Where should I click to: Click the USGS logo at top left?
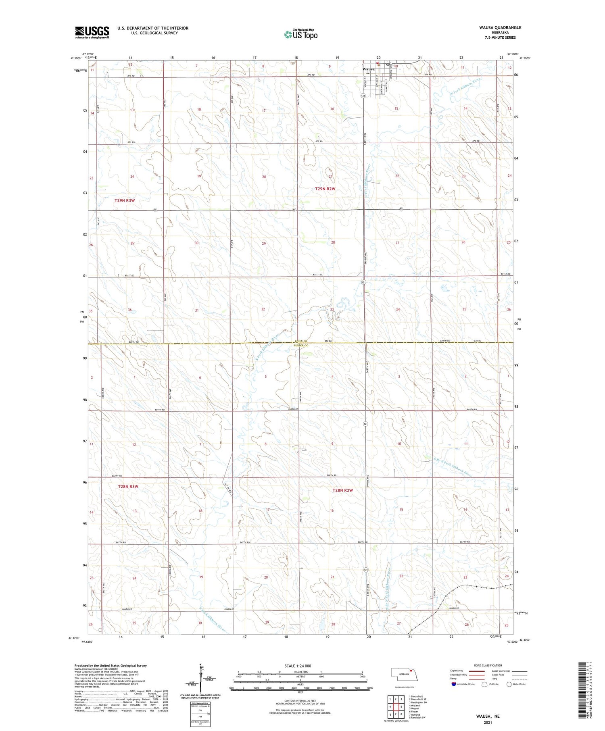coord(92,32)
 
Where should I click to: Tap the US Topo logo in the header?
coord(301,34)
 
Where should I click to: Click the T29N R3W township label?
coord(125,200)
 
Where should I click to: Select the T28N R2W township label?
coord(343,490)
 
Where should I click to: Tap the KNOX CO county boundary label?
coord(302,340)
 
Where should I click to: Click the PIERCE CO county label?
coord(302,346)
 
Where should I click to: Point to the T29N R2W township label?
coord(325,189)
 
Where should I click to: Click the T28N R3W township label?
coord(128,487)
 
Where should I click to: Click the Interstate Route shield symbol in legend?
coord(454,684)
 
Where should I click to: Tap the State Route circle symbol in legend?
coord(509,684)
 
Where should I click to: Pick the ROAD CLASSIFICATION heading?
coord(488,665)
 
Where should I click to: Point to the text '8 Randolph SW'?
coord(417,718)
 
